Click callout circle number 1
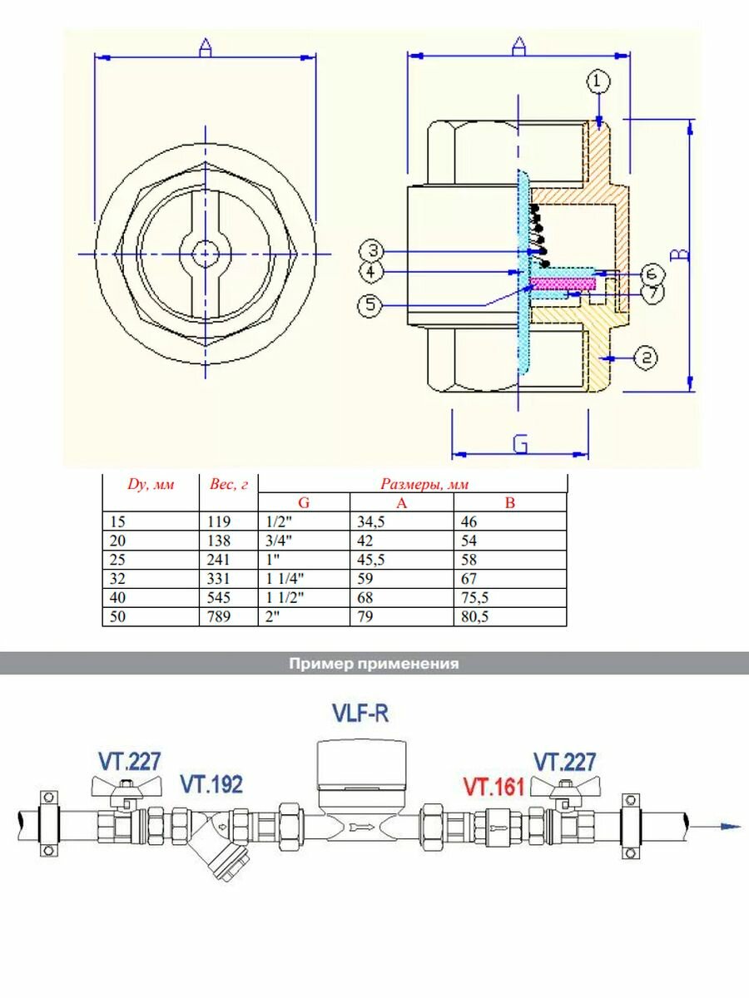(x=598, y=82)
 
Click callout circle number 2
(x=647, y=358)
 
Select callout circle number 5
(x=371, y=304)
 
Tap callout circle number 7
(x=652, y=293)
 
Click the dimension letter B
(x=680, y=254)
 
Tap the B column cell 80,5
(x=473, y=617)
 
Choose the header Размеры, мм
(x=414, y=483)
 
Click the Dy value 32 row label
(x=116, y=578)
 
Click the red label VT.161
(x=494, y=786)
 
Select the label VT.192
(x=211, y=784)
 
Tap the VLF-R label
(x=360, y=714)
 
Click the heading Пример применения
(x=374, y=664)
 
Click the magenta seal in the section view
(x=563, y=284)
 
